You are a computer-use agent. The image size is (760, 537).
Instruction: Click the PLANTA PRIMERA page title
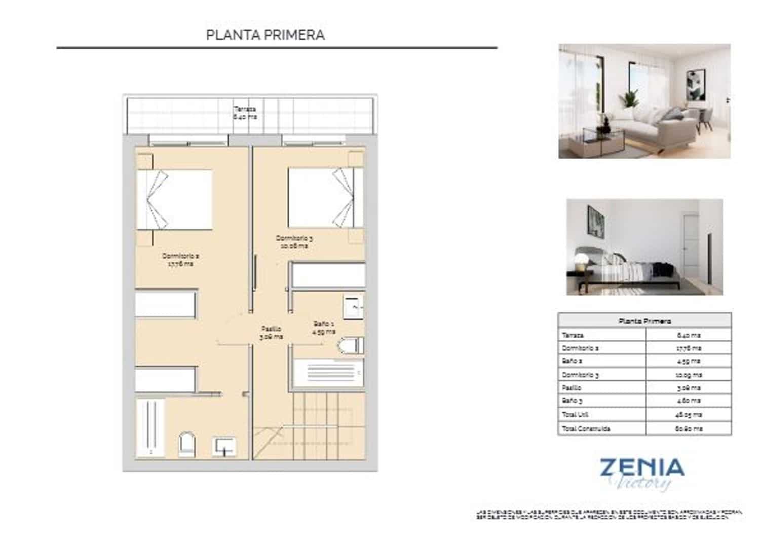click(265, 35)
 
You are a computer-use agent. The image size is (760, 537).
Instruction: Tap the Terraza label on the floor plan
click(245, 113)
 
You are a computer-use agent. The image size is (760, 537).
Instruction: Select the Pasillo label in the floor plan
click(271, 333)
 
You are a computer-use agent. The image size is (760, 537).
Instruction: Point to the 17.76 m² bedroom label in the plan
click(180, 260)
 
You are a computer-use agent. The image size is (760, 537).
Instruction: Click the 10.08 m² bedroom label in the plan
click(294, 242)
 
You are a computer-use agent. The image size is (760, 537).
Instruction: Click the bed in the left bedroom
click(174, 199)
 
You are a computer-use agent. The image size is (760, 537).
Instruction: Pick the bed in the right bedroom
click(325, 198)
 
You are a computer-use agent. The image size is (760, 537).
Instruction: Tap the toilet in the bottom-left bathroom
click(187, 444)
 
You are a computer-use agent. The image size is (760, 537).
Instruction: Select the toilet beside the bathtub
click(350, 346)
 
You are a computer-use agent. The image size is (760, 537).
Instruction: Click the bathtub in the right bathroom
click(328, 373)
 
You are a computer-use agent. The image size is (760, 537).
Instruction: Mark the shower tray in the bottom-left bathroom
click(150, 427)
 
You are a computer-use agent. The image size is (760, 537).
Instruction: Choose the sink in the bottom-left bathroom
click(224, 446)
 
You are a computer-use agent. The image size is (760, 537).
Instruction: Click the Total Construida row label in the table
click(586, 428)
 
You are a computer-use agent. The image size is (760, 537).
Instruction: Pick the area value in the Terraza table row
click(689, 335)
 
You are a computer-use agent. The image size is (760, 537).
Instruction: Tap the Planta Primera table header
click(644, 321)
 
